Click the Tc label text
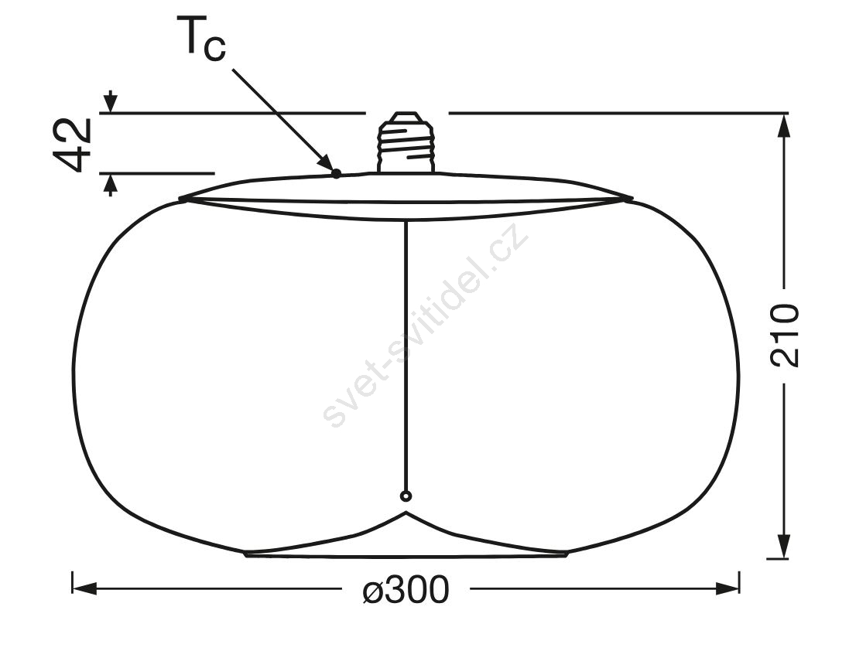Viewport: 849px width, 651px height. click(201, 37)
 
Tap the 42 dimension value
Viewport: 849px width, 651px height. click(72, 145)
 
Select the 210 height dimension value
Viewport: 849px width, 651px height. click(785, 336)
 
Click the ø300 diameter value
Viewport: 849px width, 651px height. click(406, 589)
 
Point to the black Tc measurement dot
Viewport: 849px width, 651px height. click(336, 173)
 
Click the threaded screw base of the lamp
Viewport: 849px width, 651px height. click(406, 143)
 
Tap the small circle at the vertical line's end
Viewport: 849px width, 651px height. click(406, 496)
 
